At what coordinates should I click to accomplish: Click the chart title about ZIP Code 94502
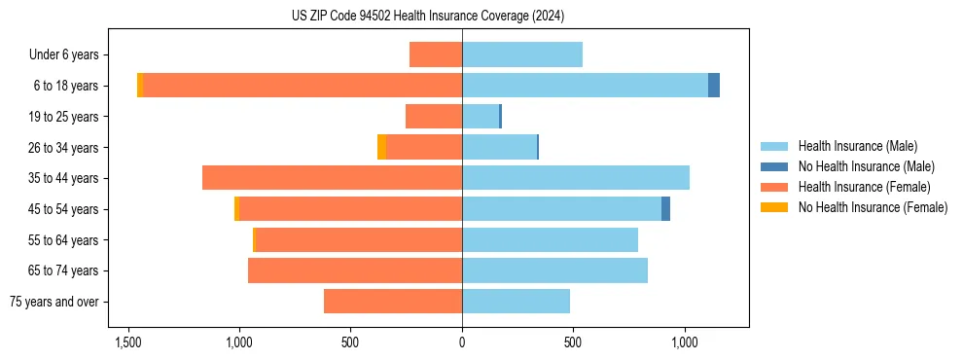point(427,17)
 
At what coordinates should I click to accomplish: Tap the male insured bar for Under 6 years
point(522,54)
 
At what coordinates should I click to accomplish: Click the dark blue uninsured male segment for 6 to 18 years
point(714,86)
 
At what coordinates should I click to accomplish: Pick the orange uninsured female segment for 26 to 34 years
point(381,147)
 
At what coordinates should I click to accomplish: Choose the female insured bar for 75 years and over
point(393,302)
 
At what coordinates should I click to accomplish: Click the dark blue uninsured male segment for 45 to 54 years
point(665,209)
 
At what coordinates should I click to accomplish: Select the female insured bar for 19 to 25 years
point(434,117)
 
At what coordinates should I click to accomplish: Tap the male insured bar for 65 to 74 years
point(554,270)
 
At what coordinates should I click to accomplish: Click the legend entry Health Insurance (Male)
point(857,146)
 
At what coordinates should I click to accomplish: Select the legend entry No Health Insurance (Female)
point(873,207)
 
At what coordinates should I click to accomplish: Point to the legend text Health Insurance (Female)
point(864,187)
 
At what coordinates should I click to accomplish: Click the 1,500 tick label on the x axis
point(128,342)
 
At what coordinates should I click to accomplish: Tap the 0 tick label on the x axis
point(462,342)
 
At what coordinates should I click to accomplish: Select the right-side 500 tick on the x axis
point(573,342)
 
